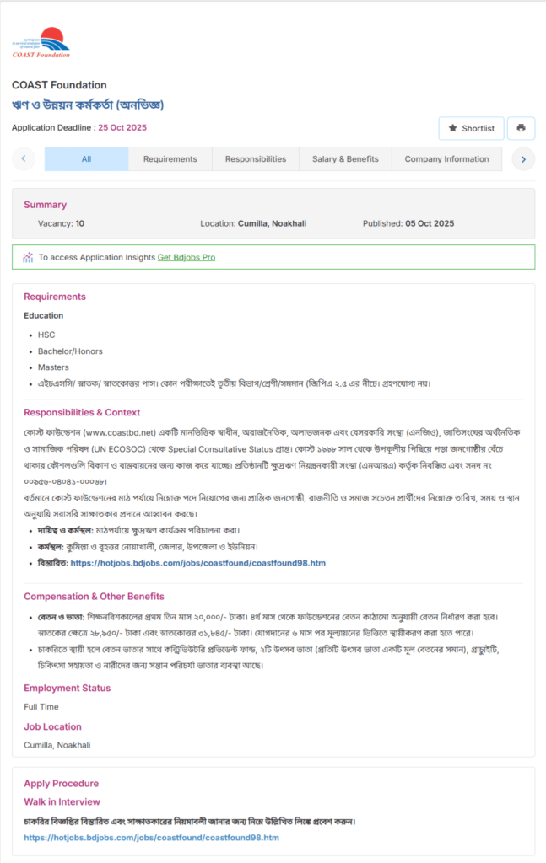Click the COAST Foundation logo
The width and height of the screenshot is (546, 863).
(x=41, y=42)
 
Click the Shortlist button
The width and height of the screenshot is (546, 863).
(x=471, y=128)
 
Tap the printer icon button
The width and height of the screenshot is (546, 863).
(x=521, y=128)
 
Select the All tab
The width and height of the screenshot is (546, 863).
(x=86, y=159)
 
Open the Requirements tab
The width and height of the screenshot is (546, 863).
(x=170, y=159)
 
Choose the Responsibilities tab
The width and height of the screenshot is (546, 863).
(x=256, y=159)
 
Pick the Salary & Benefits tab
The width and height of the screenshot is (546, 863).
(x=345, y=159)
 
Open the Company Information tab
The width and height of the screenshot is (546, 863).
(x=446, y=159)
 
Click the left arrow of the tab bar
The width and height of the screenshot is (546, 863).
(x=23, y=159)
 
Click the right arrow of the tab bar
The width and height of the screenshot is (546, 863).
(x=523, y=159)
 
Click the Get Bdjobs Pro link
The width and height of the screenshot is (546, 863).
(x=187, y=257)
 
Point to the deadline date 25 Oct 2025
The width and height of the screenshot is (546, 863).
(x=122, y=128)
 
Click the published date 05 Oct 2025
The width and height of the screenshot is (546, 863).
(x=430, y=224)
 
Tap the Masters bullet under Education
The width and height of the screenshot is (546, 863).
(x=53, y=367)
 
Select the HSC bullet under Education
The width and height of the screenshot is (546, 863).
(x=46, y=335)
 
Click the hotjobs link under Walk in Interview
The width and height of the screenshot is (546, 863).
(x=151, y=838)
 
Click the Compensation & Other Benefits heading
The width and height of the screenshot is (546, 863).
(x=94, y=597)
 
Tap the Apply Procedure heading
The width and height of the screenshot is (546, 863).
(x=61, y=784)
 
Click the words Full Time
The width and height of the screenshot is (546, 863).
(x=41, y=707)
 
